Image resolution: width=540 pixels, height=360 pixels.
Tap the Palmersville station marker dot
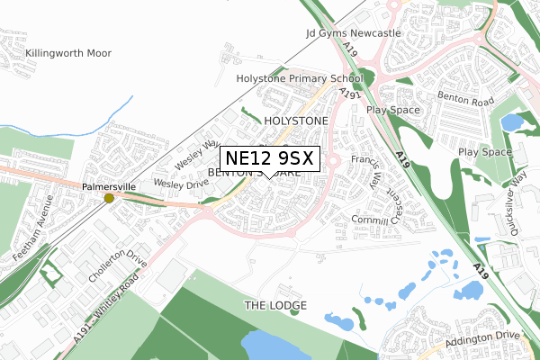click(x=109, y=198)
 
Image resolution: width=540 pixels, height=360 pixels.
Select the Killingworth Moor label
click(x=69, y=53)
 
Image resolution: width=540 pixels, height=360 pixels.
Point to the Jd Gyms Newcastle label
click(x=354, y=33)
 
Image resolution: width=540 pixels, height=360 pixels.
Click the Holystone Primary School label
click(x=299, y=79)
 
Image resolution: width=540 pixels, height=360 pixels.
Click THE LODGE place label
click(x=275, y=306)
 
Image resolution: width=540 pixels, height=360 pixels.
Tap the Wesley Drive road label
click(x=181, y=183)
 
